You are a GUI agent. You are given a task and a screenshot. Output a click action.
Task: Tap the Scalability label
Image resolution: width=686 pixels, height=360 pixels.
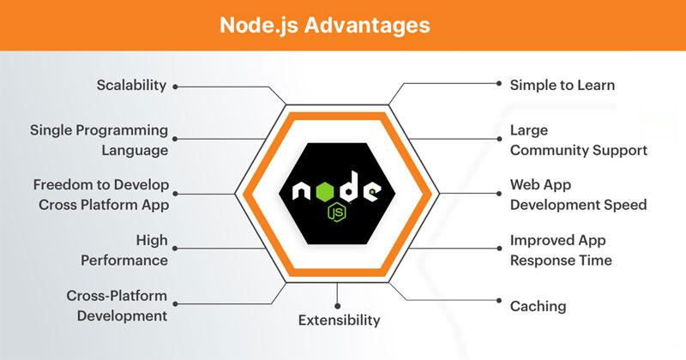[129, 87]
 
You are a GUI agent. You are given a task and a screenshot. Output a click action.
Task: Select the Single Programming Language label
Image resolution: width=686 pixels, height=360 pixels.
[99, 141]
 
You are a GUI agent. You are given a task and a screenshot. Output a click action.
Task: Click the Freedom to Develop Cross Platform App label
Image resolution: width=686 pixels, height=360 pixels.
[100, 195]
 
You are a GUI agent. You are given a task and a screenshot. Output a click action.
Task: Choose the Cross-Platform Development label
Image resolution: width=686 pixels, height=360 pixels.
[116, 306]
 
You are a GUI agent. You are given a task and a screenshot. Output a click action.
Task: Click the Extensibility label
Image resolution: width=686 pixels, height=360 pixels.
[339, 321]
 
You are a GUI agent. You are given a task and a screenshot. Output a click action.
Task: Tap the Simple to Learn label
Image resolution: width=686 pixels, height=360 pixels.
[563, 86]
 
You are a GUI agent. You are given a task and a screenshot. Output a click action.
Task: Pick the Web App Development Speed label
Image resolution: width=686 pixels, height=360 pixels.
[578, 195]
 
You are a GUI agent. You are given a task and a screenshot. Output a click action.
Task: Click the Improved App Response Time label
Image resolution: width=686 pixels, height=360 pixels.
[572, 249]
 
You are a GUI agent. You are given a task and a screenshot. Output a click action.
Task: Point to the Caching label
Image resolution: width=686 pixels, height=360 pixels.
[539, 305]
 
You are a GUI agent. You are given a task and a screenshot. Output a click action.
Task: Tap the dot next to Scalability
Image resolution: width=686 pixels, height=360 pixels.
[176, 87]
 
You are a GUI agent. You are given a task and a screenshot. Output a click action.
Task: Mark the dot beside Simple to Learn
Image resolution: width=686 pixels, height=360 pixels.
[500, 83]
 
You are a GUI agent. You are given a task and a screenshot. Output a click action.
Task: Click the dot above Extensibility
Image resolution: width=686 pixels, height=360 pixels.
[339, 305]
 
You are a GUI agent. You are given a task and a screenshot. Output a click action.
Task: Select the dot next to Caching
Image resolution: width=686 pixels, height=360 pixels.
[500, 301]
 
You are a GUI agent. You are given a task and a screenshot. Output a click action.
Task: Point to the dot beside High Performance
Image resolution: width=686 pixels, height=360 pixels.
[176, 249]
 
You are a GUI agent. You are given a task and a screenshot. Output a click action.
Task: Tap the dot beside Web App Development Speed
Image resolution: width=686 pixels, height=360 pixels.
[500, 193]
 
